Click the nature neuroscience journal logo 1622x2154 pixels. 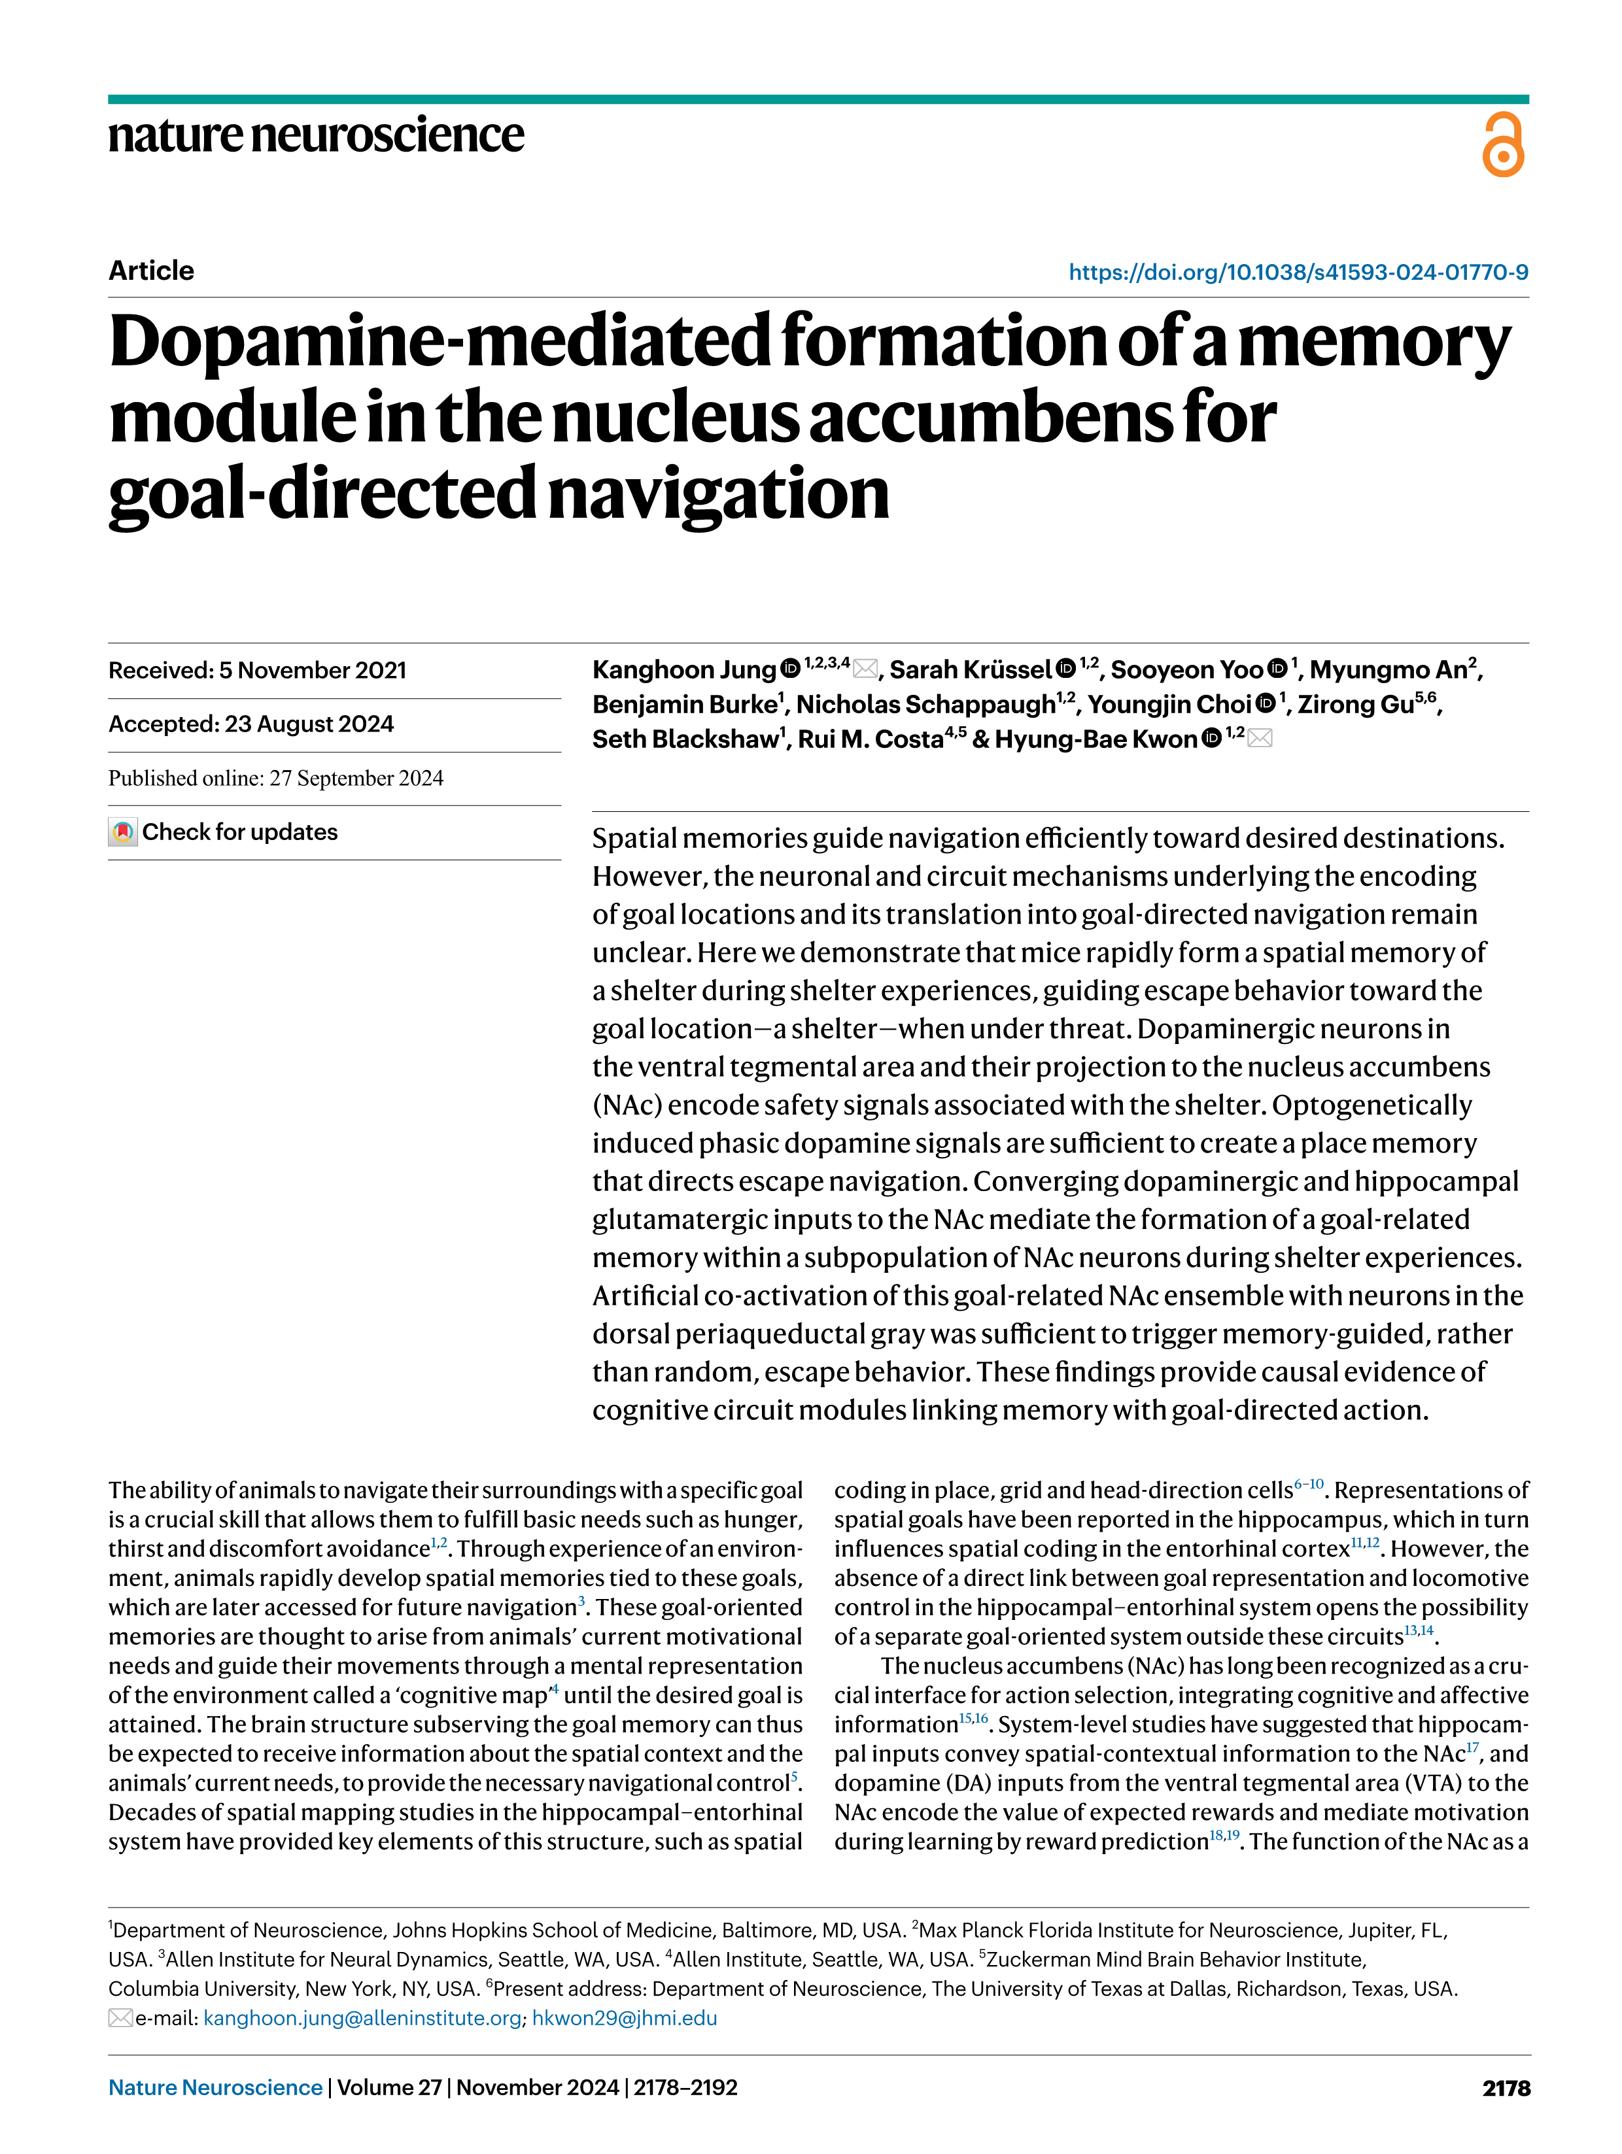click(x=316, y=135)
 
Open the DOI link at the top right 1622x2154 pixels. click(x=1298, y=272)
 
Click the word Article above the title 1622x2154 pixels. click(x=151, y=271)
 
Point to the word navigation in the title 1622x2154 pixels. click(x=718, y=494)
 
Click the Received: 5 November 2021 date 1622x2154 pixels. click(x=257, y=670)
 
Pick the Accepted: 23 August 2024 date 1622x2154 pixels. click(x=250, y=724)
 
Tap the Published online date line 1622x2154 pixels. click(x=276, y=778)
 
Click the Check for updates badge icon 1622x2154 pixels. click(x=123, y=833)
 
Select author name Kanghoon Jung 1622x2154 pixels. click(x=684, y=670)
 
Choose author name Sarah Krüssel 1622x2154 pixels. click(x=971, y=670)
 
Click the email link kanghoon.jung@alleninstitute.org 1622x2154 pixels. click(x=362, y=2017)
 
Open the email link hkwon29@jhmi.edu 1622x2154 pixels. click(x=625, y=2017)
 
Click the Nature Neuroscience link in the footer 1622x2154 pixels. click(x=215, y=2087)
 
